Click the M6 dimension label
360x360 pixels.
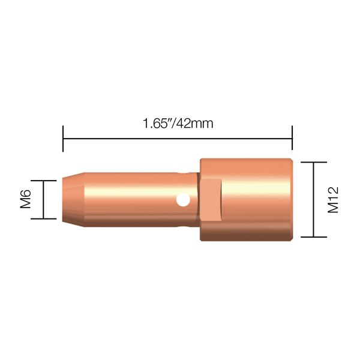(25, 199)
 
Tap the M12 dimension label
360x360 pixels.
(333, 200)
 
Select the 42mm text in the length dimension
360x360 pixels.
(195, 123)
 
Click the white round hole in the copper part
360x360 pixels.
(183, 200)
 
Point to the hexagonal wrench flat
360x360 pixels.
(211, 200)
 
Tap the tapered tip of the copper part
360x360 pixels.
(73, 200)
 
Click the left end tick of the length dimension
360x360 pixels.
(63, 139)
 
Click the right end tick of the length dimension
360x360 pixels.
(292, 138)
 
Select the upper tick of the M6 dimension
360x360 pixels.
(44, 181)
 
